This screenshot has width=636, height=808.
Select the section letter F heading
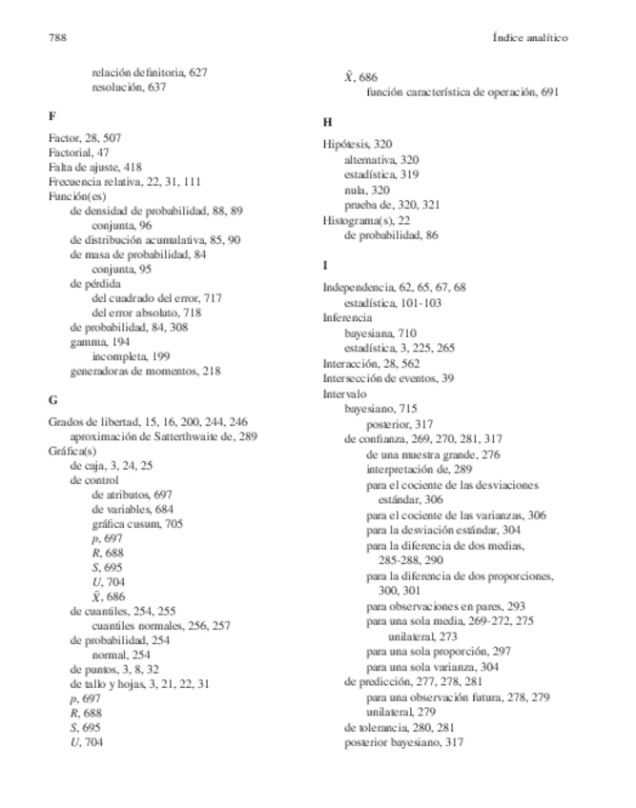tap(51, 115)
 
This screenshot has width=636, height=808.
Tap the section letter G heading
tap(52, 398)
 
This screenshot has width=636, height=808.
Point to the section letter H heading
tap(327, 122)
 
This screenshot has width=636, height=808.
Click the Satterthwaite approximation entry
tap(164, 435)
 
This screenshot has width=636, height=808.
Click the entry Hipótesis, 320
tap(358, 144)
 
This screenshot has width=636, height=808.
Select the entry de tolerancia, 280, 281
tap(400, 728)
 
